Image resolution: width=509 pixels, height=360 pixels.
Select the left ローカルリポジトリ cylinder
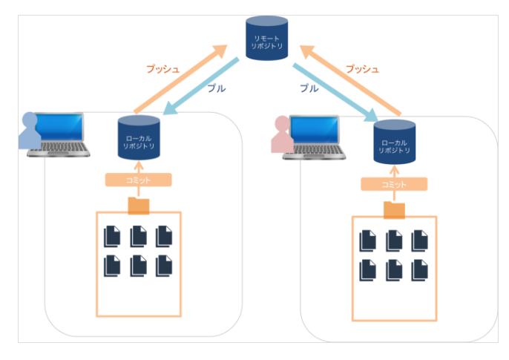point(139,137)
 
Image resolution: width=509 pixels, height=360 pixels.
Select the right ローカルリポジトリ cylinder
point(394,140)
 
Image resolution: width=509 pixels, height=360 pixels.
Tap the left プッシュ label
point(162,69)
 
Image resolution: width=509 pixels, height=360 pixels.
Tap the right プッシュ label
point(362,69)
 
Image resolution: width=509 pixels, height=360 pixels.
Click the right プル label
point(308,88)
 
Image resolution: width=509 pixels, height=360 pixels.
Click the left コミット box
point(139,180)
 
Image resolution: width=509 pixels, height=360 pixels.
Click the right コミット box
point(394,185)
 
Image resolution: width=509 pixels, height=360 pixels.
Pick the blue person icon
point(30,131)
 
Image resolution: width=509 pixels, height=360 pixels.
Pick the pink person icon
point(282,136)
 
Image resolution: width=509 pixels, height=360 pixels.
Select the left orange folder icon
point(139,206)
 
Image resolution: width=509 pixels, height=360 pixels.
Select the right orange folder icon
point(394,210)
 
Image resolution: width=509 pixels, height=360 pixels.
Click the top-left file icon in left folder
point(112,237)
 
